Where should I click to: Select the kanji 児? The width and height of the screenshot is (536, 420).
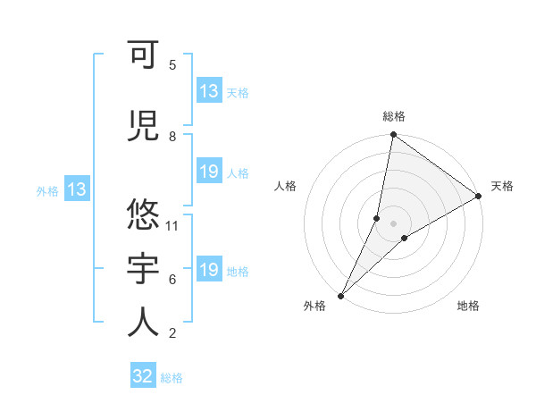[144, 125]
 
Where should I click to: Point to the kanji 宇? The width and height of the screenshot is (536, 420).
[144, 267]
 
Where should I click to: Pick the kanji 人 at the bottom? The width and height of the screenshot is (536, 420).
[144, 321]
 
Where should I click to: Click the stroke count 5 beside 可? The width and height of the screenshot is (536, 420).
[172, 65]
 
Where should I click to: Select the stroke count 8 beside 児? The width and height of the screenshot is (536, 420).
[172, 137]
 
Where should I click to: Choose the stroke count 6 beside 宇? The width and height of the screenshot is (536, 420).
[172, 280]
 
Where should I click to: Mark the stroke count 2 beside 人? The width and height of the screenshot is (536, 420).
[172, 333]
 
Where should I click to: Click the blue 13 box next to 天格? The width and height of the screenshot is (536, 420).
[209, 91]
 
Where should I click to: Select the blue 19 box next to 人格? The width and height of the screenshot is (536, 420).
[209, 172]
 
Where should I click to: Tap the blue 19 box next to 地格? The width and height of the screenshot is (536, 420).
[209, 270]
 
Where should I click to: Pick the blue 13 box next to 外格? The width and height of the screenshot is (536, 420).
[77, 189]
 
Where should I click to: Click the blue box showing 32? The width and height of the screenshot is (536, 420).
[143, 376]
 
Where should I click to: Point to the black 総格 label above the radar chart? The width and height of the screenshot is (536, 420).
[394, 116]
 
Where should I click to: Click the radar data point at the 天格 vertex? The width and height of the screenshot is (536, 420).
[479, 197]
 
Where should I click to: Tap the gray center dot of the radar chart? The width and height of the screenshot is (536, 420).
[393, 223]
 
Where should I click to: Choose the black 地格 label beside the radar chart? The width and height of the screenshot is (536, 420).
[468, 306]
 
